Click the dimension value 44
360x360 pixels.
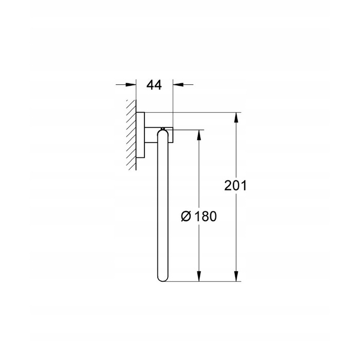[x=154, y=85]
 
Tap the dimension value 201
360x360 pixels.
[x=236, y=186]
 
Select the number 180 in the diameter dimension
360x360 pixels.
[x=206, y=217]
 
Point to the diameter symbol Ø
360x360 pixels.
[x=186, y=217]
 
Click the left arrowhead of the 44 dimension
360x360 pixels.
[x=131, y=84]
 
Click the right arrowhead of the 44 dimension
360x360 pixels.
[x=178, y=84]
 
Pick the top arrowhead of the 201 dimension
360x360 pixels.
[x=236, y=118]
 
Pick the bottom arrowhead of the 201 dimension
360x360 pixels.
[x=236, y=276]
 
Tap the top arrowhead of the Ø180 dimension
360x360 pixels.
[x=199, y=135]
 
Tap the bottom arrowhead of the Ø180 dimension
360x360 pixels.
[x=199, y=276]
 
